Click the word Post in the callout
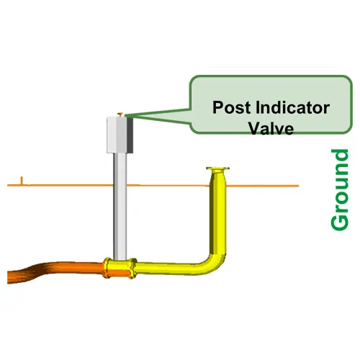[231, 107]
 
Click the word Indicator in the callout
[292, 107]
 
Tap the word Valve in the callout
[271, 128]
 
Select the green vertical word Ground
[340, 190]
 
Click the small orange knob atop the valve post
[120, 114]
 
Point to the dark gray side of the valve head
[130, 135]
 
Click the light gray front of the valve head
[117, 135]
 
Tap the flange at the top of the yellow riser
[217, 168]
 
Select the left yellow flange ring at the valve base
[107, 268]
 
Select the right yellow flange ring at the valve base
[132, 268]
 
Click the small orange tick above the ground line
[22, 181]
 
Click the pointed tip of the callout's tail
[125, 116]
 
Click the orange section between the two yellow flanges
[120, 274]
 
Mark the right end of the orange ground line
[299, 186]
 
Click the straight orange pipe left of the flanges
[79, 269]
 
